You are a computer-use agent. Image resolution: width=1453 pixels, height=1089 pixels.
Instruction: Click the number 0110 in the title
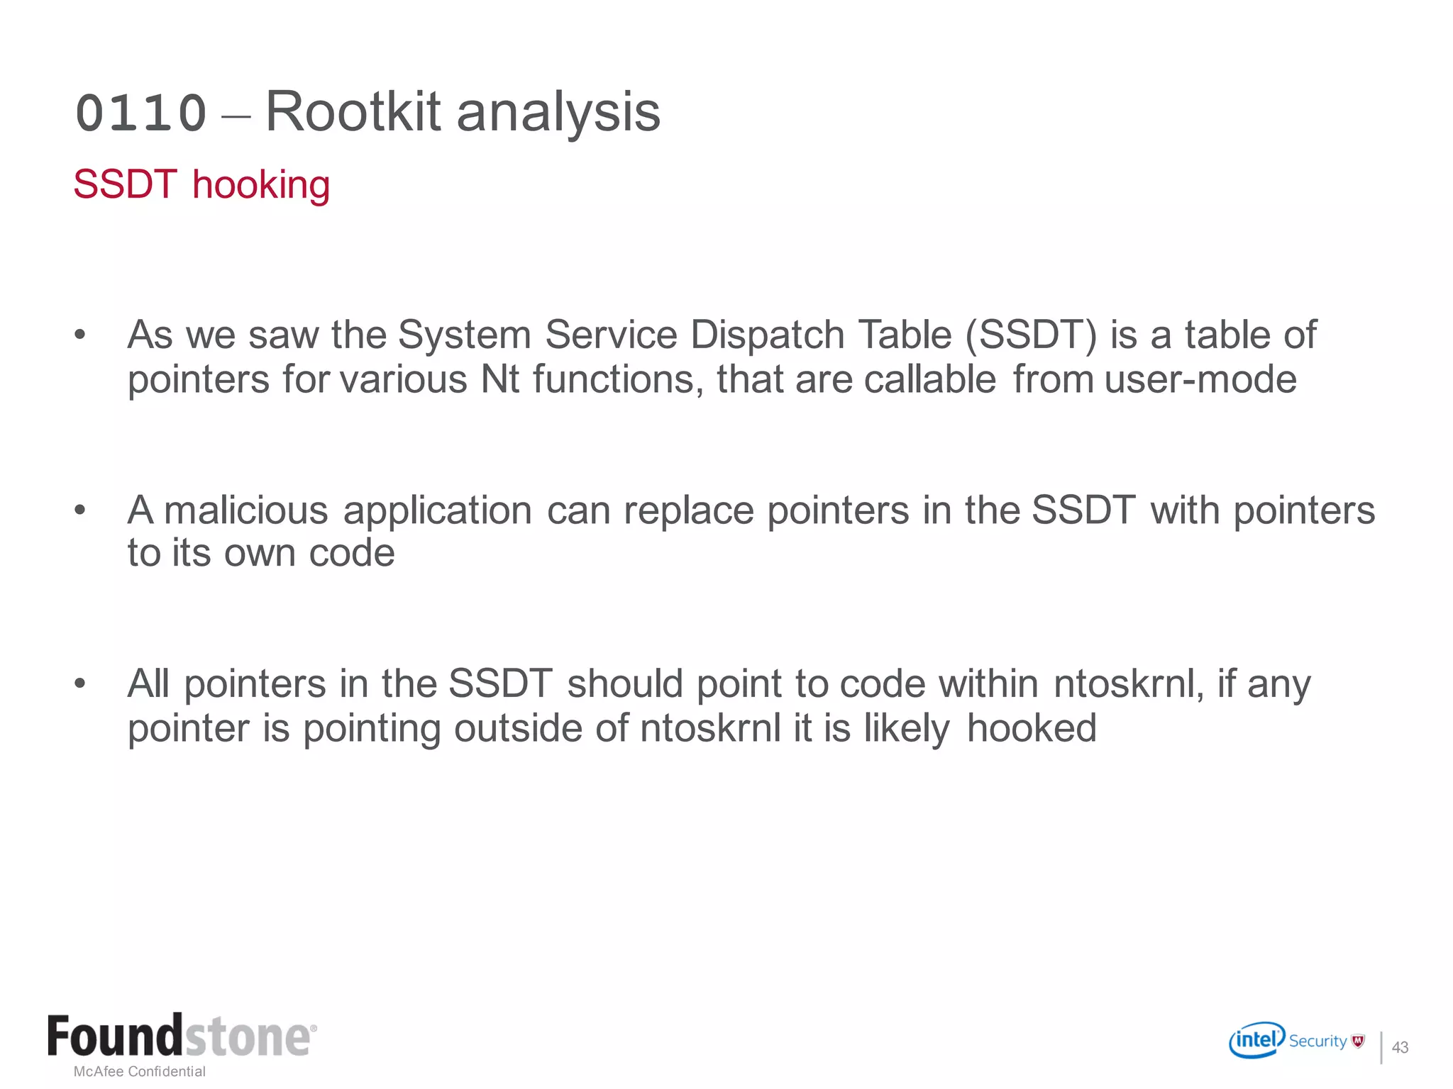pos(140,113)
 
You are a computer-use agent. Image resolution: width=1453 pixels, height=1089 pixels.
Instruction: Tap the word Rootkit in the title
pos(353,112)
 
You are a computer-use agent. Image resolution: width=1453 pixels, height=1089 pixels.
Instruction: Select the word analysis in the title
pos(558,113)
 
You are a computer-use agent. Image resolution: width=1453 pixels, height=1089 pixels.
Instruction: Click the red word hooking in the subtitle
pos(261,185)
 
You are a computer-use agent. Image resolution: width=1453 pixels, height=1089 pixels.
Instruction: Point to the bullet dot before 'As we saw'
pos(79,334)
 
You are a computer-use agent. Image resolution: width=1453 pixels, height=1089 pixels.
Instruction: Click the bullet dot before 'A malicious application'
pos(79,509)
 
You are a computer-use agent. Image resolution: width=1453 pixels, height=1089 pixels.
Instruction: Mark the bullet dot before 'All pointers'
pos(79,683)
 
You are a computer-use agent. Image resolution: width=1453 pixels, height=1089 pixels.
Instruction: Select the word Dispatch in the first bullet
pos(766,335)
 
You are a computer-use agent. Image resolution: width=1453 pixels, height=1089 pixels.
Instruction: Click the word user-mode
pos(1200,379)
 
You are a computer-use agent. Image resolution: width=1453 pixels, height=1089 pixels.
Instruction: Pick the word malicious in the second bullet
pos(245,510)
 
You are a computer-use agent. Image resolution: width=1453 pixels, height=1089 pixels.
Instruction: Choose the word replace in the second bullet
pos(688,511)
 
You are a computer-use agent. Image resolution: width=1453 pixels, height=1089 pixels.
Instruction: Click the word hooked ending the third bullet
pos(1032,728)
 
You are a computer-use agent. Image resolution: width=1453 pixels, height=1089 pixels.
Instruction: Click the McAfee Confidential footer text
pos(140,1071)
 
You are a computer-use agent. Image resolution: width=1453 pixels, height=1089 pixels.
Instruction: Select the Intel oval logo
pos(1256,1040)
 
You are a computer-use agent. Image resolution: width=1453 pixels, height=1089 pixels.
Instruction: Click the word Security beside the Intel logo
pos(1317,1041)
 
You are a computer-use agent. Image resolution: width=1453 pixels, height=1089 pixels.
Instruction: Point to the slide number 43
pos(1400,1047)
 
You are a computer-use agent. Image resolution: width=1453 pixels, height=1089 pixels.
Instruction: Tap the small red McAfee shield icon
pos(1358,1041)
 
